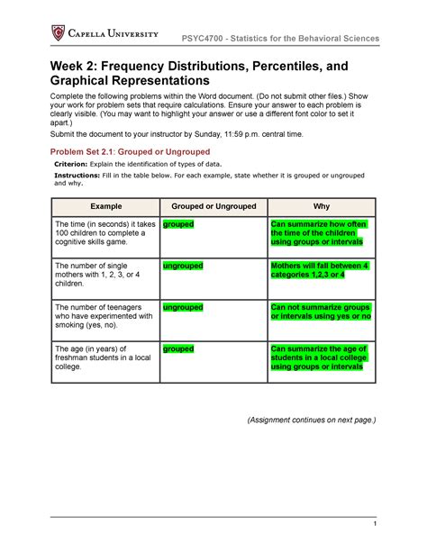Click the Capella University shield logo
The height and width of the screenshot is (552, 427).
click(58, 33)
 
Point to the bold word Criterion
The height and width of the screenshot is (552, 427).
click(77, 167)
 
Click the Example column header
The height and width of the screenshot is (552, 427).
click(104, 205)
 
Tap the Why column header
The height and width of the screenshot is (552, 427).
click(322, 205)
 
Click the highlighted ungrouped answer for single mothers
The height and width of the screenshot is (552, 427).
click(182, 267)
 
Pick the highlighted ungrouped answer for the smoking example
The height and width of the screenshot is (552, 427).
click(182, 307)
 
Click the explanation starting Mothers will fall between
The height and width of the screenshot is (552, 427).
click(320, 271)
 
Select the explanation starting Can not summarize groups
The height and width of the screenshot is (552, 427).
click(322, 312)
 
